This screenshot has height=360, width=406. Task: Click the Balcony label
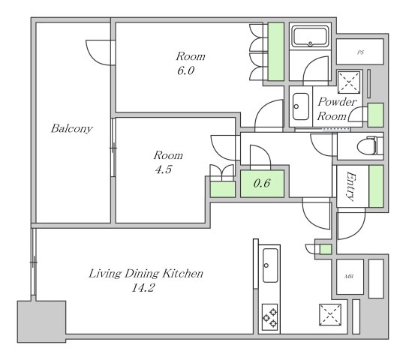point(72,128)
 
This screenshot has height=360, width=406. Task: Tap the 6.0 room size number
point(185,70)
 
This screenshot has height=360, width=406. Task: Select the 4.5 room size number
point(164,169)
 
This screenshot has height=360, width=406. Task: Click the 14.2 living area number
point(143,287)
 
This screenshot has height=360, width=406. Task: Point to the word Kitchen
point(183,274)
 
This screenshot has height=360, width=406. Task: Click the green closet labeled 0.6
point(262,184)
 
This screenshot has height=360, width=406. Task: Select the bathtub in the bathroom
point(310,37)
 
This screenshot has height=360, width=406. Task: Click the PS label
point(360,52)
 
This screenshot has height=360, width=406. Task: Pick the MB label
point(349,277)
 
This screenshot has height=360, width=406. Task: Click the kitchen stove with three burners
point(270,317)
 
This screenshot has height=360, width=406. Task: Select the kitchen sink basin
point(270,265)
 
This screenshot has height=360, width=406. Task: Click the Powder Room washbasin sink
point(301,106)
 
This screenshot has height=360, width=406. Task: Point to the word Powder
point(337,102)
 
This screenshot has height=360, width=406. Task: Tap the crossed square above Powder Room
point(349,82)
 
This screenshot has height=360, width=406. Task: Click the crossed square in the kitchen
point(330,315)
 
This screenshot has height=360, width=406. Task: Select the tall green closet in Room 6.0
point(275,52)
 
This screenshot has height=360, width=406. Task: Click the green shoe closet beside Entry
point(376,186)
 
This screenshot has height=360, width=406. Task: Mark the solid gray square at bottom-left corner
point(41,322)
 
